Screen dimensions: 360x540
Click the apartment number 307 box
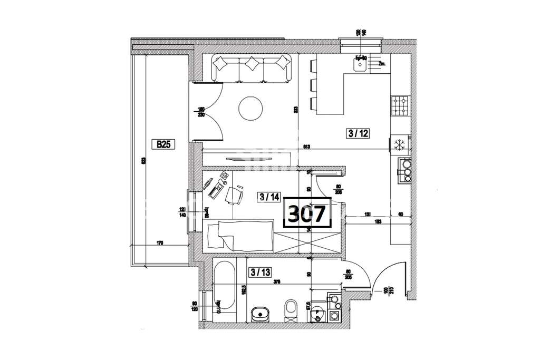pyautogui.click(x=307, y=213)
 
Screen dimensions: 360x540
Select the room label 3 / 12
pyautogui.click(x=358, y=133)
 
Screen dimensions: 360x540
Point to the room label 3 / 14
pyautogui.click(x=269, y=197)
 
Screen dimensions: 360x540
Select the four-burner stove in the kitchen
pyautogui.click(x=400, y=105)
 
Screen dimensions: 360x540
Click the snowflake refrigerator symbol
pyautogui.click(x=399, y=144)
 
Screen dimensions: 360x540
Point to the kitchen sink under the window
pyautogui.click(x=361, y=65)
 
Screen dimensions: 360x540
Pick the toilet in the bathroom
pyautogui.click(x=290, y=309)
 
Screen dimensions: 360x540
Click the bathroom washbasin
pyautogui.click(x=260, y=315)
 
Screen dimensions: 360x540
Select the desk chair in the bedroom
pyautogui.click(x=234, y=194)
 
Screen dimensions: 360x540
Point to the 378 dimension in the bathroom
pyautogui.click(x=277, y=283)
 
